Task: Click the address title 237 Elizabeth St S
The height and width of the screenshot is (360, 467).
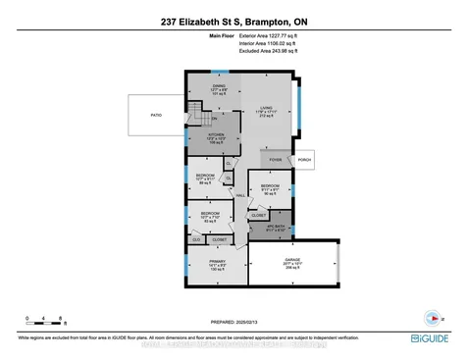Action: tap(233, 22)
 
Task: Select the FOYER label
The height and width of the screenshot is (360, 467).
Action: tap(276, 159)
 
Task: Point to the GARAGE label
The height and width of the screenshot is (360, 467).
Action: tap(293, 262)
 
